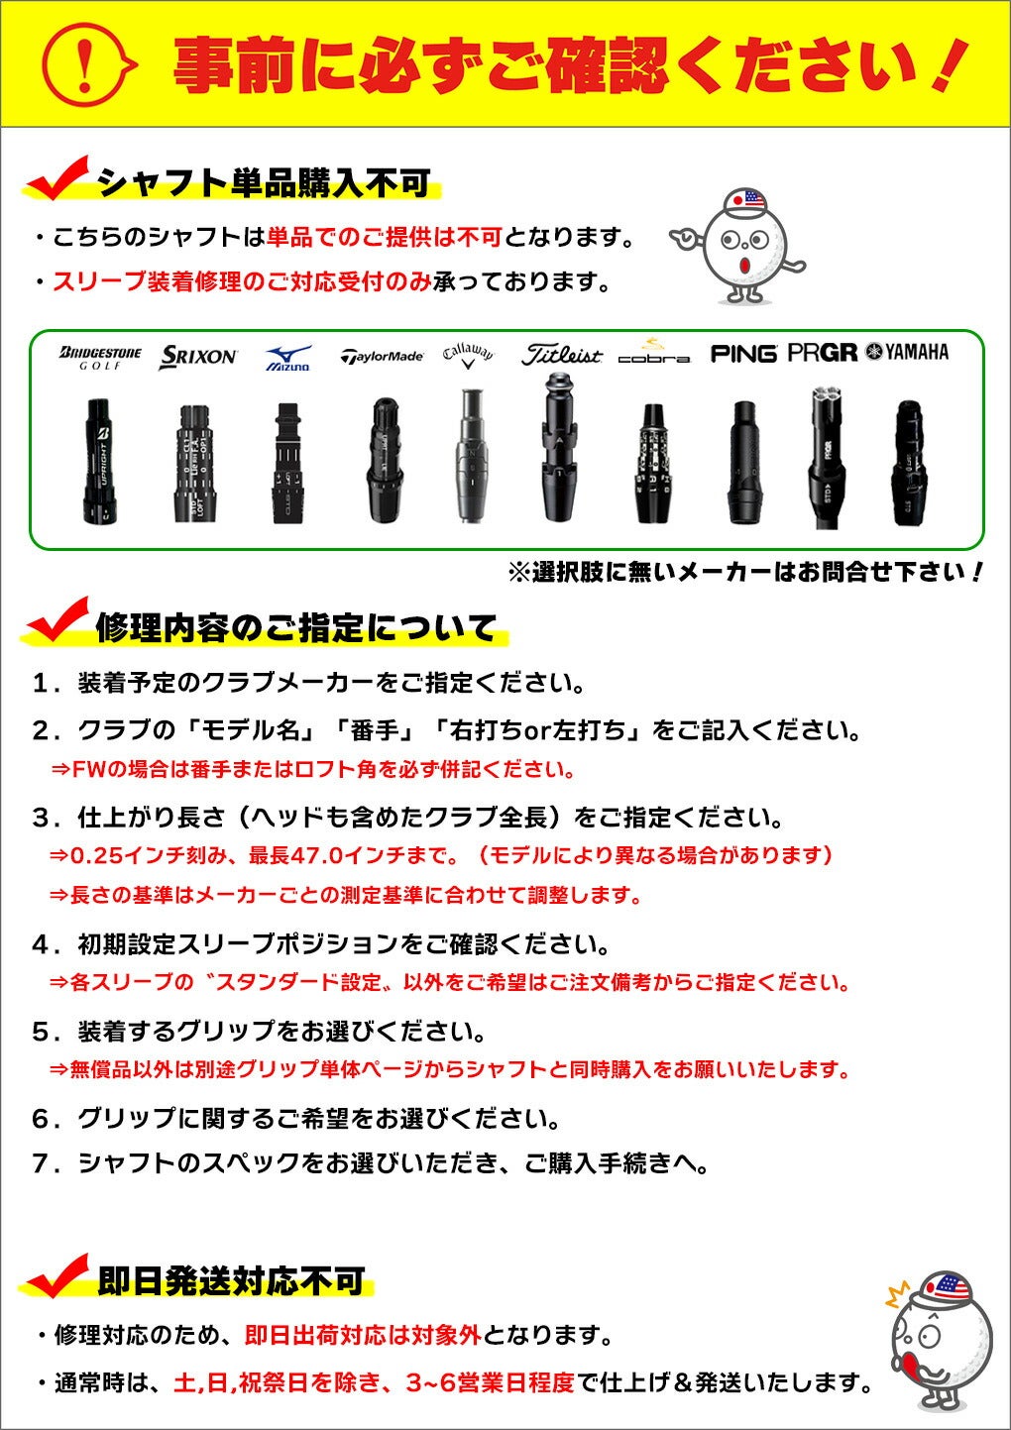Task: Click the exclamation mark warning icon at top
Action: [x=86, y=63]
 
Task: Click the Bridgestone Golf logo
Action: [x=101, y=358]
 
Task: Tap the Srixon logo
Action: [x=198, y=357]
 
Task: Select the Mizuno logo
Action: [x=288, y=358]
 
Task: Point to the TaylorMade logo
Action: [x=382, y=357]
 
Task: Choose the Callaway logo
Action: [x=468, y=355]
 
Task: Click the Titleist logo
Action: [x=561, y=355]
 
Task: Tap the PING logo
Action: [x=743, y=354]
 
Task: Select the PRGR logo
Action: [x=822, y=353]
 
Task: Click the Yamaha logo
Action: [x=907, y=352]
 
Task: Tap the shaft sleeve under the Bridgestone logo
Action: [x=101, y=461]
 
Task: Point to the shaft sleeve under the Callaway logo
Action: [x=470, y=456]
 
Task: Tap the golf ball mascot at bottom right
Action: [x=938, y=1338]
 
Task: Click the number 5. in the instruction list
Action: [x=45, y=1033]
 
